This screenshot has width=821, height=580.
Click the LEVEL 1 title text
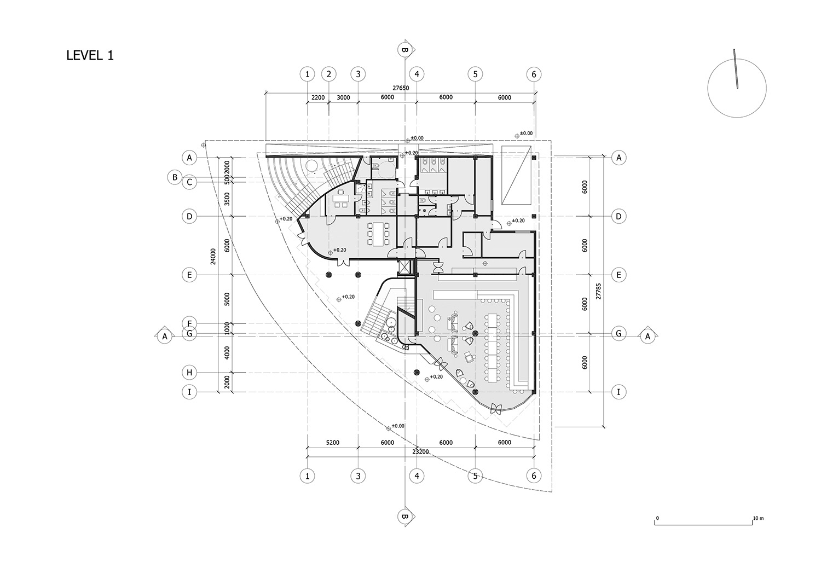90,55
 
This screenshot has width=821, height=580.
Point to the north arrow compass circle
737,88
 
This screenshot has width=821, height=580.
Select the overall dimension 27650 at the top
400,88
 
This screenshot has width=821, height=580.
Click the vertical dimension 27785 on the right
599,291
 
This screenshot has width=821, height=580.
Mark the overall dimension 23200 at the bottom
420,452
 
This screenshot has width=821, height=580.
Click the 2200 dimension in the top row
318,98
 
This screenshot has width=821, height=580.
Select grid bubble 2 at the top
328,74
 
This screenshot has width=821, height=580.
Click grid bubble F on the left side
189,323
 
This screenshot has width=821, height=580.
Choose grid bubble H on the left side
189,373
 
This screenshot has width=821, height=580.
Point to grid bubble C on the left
189,182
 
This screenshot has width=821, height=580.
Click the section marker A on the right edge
647,337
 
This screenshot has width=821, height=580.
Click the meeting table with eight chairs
376,233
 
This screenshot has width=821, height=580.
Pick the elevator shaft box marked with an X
405,268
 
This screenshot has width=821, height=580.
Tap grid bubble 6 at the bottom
534,476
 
